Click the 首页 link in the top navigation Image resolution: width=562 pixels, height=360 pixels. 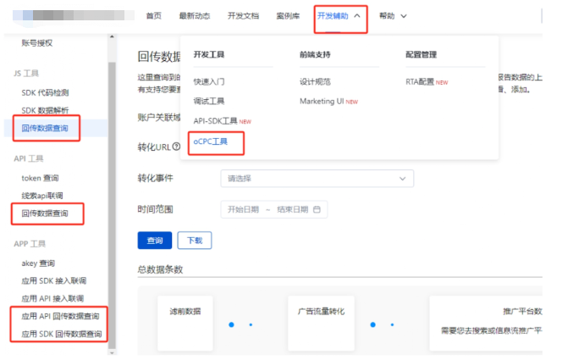point(153,16)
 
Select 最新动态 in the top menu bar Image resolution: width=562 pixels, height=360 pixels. point(196,16)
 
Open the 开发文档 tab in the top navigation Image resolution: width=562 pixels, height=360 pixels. point(244,16)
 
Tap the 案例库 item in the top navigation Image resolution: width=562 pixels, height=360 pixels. point(287,16)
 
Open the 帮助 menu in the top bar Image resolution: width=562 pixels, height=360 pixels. point(393,16)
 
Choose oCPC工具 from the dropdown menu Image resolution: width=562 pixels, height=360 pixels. point(210,141)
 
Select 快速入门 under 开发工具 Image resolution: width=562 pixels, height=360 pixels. point(209,82)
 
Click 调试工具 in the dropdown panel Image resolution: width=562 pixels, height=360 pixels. point(209,102)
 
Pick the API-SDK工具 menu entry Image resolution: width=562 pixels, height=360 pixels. point(217,121)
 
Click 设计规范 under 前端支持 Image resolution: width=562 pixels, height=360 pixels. point(315,82)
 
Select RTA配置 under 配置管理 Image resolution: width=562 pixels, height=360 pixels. point(421,82)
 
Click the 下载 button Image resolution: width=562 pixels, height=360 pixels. point(194,241)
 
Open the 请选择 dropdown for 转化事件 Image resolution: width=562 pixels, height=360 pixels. point(316,179)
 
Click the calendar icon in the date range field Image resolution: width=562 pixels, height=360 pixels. point(317,209)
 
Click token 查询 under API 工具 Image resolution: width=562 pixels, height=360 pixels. point(41,178)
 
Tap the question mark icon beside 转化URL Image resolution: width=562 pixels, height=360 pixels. point(176,147)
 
